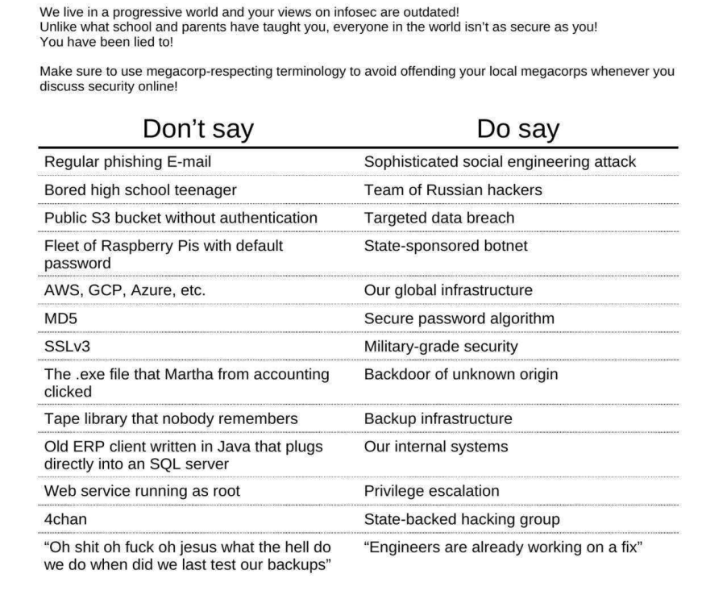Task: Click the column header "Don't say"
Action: pos(197,129)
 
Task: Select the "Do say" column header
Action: pos(517,129)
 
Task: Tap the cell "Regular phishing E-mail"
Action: pos(128,162)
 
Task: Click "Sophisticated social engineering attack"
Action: pos(500,162)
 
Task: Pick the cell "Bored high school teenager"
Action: pos(140,190)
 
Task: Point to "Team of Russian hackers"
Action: pos(453,190)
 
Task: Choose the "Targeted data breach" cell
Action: pos(439,218)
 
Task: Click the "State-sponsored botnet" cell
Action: pos(446,245)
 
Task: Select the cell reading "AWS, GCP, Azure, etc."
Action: pos(125,290)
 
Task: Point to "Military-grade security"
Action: pos(452,346)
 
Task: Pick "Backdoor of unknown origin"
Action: pos(461,374)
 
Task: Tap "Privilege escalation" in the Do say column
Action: pos(432,491)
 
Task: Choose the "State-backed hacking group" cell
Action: pos(462,519)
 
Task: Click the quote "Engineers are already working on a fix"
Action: pos(503,547)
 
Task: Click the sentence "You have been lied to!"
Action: pos(106,42)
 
